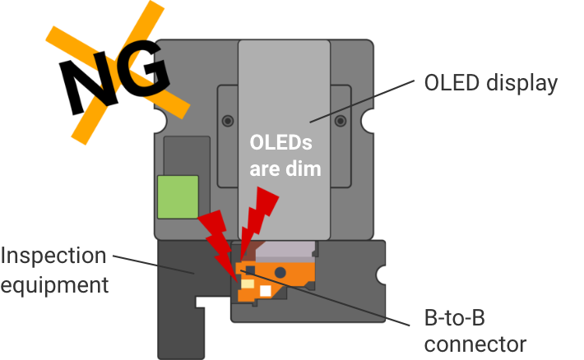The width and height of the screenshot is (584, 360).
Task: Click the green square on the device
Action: tap(178, 196)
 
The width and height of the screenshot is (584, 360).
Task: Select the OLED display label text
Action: tap(490, 83)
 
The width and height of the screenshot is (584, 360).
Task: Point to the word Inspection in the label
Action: tap(53, 256)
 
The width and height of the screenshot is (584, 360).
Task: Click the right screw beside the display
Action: tap(339, 121)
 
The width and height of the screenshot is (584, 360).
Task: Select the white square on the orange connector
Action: tap(265, 291)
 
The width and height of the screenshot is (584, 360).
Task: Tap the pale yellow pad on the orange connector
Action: tap(246, 282)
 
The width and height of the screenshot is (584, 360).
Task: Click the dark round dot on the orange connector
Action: tap(280, 271)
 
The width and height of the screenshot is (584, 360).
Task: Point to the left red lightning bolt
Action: tap(218, 238)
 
